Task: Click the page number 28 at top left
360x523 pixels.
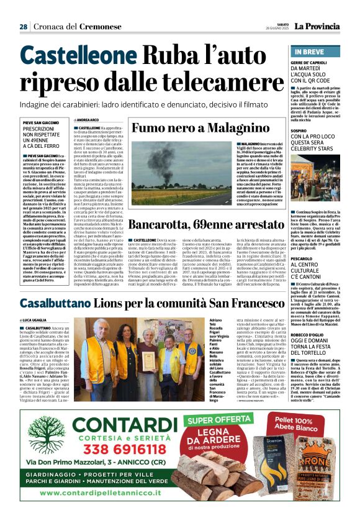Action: (23, 27)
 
